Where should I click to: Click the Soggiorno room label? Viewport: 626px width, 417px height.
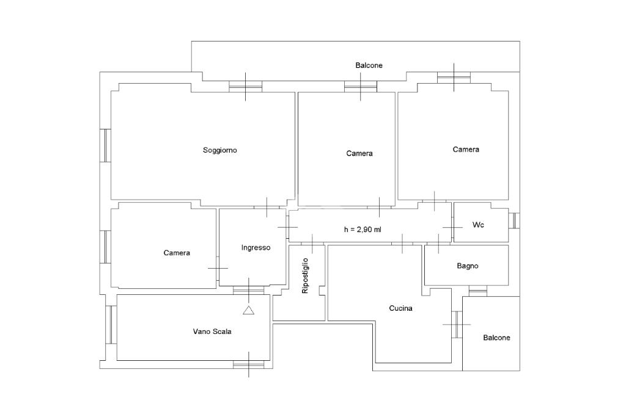[220, 150]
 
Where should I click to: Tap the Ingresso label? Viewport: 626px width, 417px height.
[256, 247]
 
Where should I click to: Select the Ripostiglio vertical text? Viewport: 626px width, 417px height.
[306, 276]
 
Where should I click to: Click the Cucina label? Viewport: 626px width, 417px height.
[400, 308]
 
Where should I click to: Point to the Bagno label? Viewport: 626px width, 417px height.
[468, 266]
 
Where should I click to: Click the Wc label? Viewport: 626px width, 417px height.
[478, 225]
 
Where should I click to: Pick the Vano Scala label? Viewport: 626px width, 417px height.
[212, 332]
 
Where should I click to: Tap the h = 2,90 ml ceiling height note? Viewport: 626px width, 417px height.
[363, 230]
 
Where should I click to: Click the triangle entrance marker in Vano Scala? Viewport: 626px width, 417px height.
[248, 311]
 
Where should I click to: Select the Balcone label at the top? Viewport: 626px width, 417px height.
[369, 65]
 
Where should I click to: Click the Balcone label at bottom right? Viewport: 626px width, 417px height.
[496, 338]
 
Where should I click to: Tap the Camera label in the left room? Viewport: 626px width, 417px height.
[177, 253]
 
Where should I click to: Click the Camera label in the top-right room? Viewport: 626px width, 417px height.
[466, 150]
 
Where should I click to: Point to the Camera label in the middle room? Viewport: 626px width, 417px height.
[359, 153]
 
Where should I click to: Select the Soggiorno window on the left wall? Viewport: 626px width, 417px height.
[106, 145]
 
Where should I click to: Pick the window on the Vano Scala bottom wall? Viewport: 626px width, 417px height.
[248, 364]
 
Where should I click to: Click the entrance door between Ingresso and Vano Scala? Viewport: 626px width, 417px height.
[248, 290]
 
